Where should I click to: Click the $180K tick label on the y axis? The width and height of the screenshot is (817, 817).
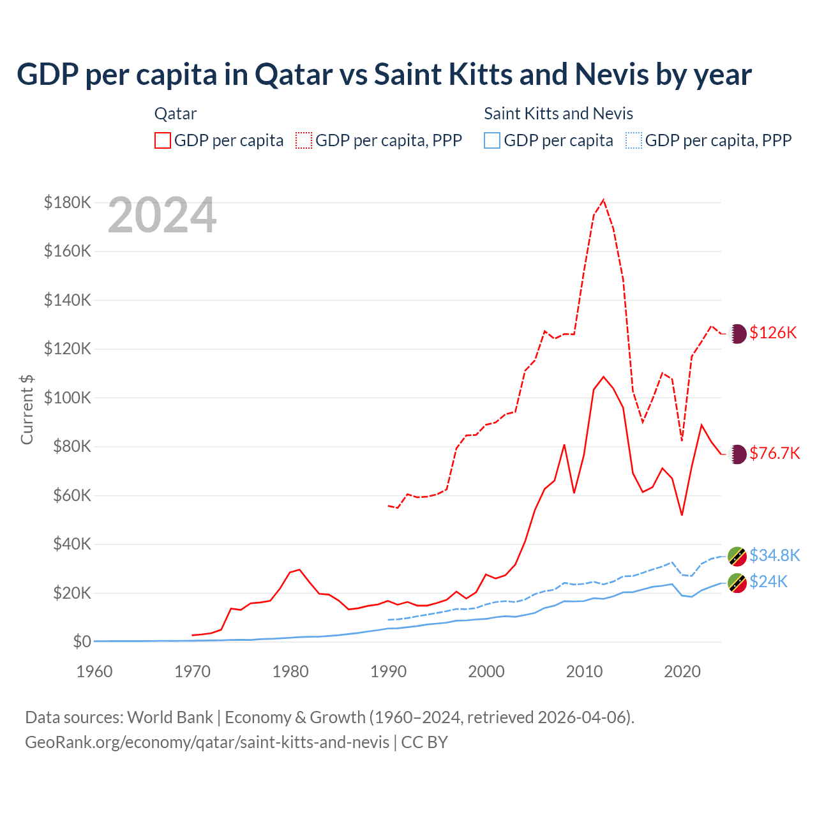pos(68,203)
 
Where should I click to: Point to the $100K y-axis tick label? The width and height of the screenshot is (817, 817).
pos(68,398)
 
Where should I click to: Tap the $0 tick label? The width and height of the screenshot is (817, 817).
pos(82,642)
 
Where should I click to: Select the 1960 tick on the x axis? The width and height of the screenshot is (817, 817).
pos(94,671)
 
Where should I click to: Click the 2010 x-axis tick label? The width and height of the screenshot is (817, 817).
pos(584,671)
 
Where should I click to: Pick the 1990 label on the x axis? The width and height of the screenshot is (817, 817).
pos(388,671)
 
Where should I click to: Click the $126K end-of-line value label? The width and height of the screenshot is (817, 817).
pos(773,333)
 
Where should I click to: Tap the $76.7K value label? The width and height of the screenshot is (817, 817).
pos(774,453)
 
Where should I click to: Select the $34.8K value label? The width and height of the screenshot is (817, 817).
pos(774,555)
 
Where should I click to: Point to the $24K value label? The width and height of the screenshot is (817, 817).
pos(768,581)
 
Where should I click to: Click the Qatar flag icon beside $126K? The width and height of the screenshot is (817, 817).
pos(737,333)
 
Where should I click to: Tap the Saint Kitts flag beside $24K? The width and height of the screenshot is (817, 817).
pos(737,582)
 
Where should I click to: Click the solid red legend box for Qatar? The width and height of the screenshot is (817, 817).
pos(163,140)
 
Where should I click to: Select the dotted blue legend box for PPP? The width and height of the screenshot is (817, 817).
pos(634,140)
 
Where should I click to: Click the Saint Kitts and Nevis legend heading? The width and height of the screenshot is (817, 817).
pos(558,114)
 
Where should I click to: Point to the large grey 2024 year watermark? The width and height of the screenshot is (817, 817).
pos(162,216)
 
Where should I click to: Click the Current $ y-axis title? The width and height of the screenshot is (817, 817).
pos(27,409)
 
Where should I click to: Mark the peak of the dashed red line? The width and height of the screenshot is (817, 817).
pos(603,200)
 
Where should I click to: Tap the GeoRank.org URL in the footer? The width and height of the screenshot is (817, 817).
pos(207,742)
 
